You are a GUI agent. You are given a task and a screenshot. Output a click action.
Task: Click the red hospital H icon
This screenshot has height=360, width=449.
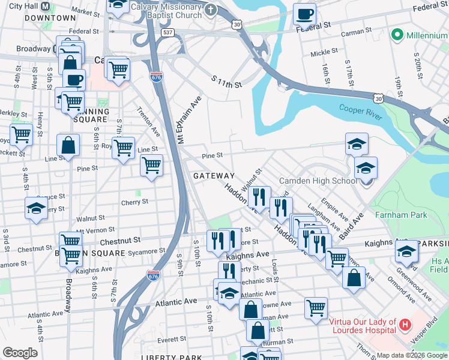(x=406, y=325)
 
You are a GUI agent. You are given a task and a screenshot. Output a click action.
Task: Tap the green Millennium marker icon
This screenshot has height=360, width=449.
(x=396, y=35)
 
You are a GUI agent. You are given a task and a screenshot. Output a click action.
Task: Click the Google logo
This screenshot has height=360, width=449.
(x=20, y=353)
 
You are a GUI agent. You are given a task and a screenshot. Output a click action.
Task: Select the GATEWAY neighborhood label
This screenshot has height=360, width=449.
(x=214, y=175)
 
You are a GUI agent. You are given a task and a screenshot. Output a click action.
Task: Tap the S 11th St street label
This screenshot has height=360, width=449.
(x=226, y=82)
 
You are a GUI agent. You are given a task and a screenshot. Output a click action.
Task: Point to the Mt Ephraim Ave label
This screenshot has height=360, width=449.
(x=187, y=119)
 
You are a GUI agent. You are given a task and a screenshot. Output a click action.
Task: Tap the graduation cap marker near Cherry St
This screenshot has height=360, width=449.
(x=36, y=208)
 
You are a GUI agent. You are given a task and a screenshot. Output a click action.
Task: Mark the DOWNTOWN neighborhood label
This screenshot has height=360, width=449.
(x=50, y=18)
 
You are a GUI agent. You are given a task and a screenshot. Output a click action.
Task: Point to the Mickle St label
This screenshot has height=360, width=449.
(x=324, y=53)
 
